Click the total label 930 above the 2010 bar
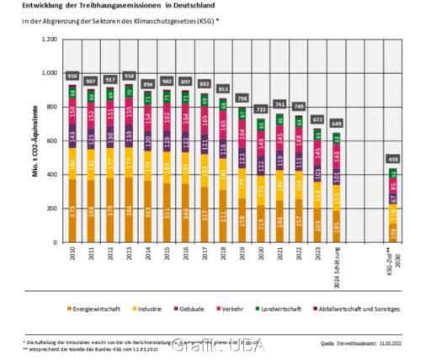pos(73,77)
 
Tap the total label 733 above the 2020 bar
pos(261,109)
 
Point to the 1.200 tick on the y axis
pos(48,40)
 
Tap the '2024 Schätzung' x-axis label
pos(337,261)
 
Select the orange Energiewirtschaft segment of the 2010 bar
pos(73,210)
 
